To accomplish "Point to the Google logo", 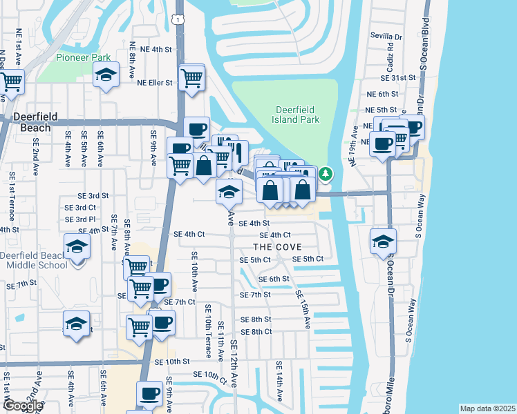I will pos(22,406).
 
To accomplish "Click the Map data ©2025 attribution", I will pos(487,408).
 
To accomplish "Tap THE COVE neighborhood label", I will pos(275,246).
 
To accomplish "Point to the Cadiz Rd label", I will pos(391,56).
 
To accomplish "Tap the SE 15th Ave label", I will pos(303,308).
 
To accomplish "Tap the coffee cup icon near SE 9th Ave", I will pos(149,393).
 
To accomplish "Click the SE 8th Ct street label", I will pos(256,331).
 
